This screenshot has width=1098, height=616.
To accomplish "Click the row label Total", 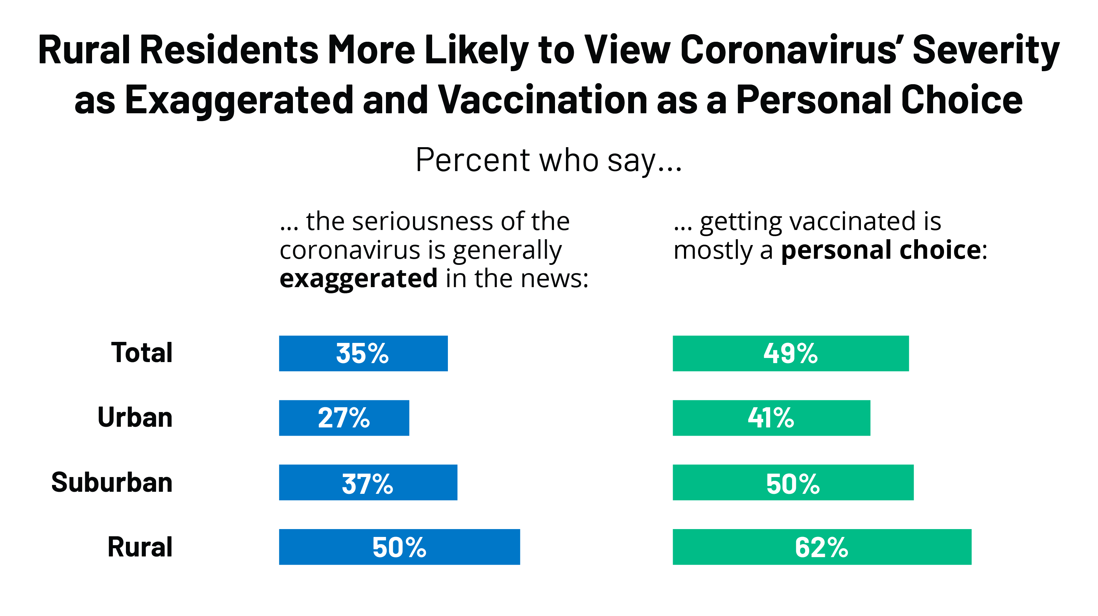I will [x=142, y=352].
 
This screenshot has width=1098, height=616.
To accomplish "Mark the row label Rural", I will [x=140, y=547].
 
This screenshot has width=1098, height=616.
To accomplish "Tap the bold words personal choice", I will [x=881, y=250].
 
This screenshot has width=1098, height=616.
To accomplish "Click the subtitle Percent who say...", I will [x=548, y=160].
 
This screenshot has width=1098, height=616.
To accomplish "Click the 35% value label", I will [x=362, y=354].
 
